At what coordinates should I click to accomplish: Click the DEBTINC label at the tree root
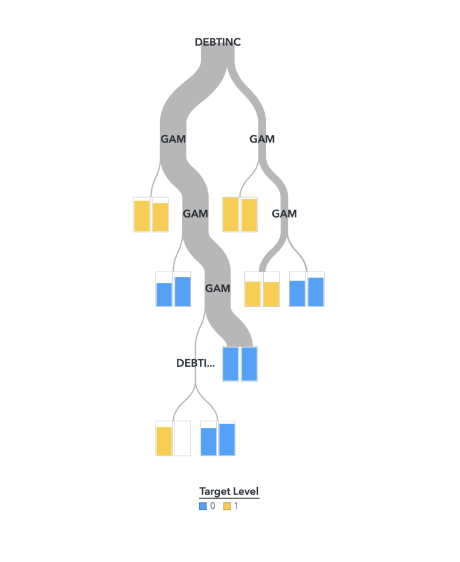(218, 42)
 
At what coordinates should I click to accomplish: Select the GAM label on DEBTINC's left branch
(173, 139)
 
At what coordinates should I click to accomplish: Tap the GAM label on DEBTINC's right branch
(262, 139)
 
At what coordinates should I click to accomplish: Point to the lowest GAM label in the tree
(218, 288)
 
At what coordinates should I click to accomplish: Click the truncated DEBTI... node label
(195, 363)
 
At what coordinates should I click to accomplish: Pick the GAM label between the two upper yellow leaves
(195, 214)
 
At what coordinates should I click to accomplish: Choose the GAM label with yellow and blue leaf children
(284, 214)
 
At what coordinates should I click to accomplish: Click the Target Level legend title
(229, 492)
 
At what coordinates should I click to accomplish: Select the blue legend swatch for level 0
(203, 506)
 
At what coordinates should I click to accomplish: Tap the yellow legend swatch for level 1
(227, 506)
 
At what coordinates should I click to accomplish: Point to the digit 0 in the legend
(213, 506)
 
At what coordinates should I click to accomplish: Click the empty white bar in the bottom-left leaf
(183, 438)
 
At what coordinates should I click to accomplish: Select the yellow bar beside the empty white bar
(164, 441)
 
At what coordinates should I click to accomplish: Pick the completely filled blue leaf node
(240, 364)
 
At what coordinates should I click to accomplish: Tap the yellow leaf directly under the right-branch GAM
(240, 215)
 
